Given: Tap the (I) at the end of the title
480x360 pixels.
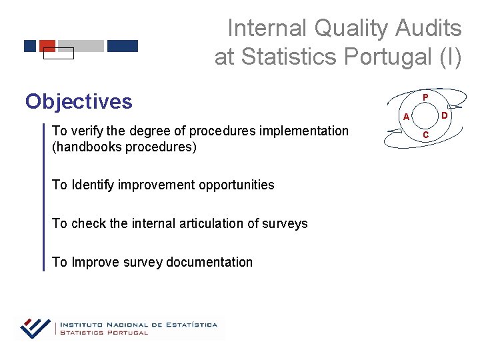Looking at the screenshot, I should click(x=447, y=57).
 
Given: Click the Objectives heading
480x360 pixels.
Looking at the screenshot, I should click(x=79, y=101).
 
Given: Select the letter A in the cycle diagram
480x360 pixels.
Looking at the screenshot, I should click(x=403, y=117).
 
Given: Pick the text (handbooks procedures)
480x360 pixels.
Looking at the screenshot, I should click(x=124, y=147).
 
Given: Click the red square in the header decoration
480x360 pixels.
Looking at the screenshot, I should click(x=47, y=45).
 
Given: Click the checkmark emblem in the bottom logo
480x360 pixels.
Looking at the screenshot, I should click(x=35, y=327).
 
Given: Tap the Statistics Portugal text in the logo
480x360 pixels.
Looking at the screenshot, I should click(x=104, y=333).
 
